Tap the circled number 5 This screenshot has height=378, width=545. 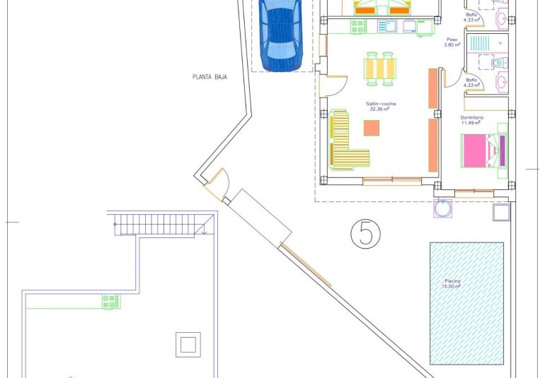(x=365, y=233)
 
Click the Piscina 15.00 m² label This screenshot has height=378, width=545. (x=452, y=284)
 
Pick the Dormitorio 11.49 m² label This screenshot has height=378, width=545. (x=471, y=119)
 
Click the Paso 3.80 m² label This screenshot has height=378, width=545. (x=452, y=42)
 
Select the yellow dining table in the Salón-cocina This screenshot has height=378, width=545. (x=380, y=69)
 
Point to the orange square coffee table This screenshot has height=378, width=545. (x=372, y=127)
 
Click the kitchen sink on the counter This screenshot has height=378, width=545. (x=386, y=26)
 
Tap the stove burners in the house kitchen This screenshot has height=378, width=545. (x=359, y=26)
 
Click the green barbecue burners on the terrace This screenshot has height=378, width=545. (x=110, y=302)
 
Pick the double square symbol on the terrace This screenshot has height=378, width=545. (x=188, y=344)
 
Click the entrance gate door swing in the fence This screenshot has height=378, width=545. (x=217, y=182)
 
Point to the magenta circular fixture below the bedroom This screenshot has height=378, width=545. (x=444, y=208)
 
